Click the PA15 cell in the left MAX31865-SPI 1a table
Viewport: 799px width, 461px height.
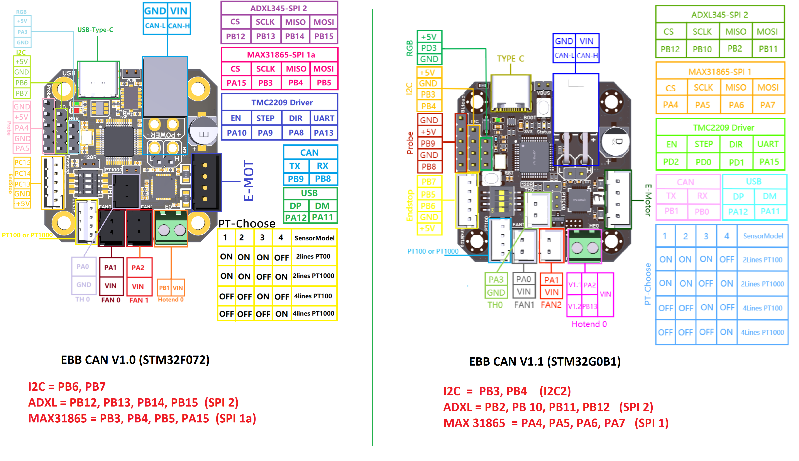[x=236, y=83]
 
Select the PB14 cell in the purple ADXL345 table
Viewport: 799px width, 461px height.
[x=295, y=36]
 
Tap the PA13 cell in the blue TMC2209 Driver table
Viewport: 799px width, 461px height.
[x=323, y=133]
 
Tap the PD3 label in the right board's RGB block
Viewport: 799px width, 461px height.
[x=429, y=48]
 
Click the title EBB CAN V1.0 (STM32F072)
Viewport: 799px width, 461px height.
[x=135, y=360]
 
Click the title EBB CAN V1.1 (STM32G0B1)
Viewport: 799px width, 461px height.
[x=545, y=362]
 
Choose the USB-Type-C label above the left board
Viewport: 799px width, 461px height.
[x=95, y=30]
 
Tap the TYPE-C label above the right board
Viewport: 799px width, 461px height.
[x=510, y=59]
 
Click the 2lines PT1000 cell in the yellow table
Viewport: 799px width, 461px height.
[x=313, y=276]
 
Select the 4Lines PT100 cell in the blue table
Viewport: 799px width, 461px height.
[x=762, y=308]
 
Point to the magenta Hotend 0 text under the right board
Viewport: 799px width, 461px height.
[x=589, y=324]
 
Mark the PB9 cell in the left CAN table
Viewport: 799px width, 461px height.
[x=296, y=179]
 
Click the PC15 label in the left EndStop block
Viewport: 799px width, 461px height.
[x=22, y=163]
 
